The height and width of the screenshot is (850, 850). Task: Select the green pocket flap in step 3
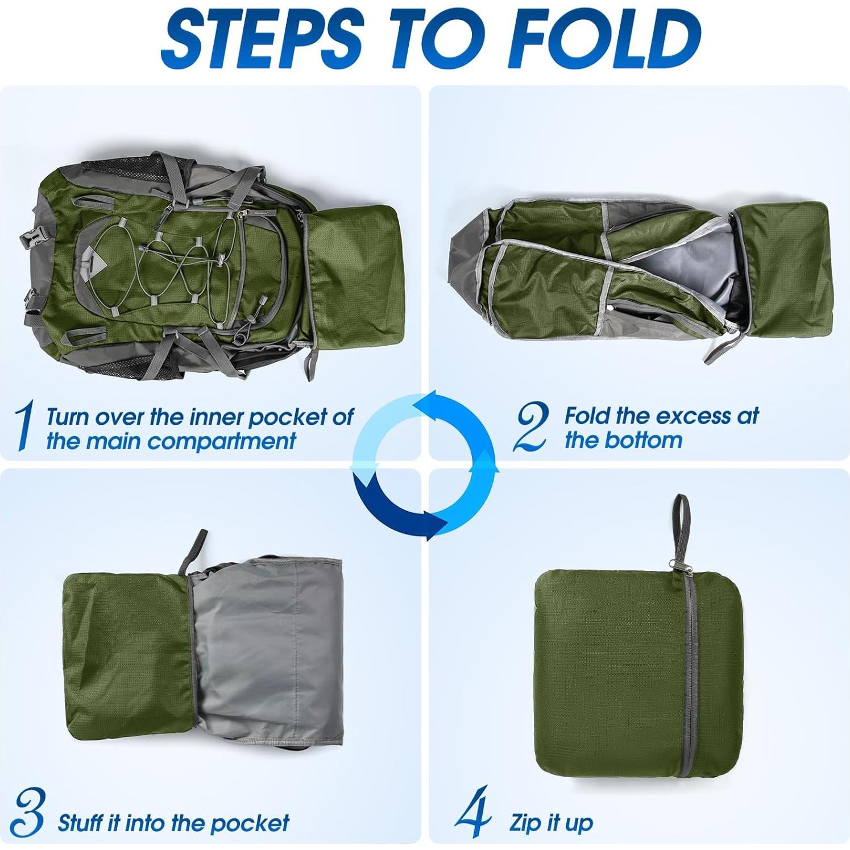125,654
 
